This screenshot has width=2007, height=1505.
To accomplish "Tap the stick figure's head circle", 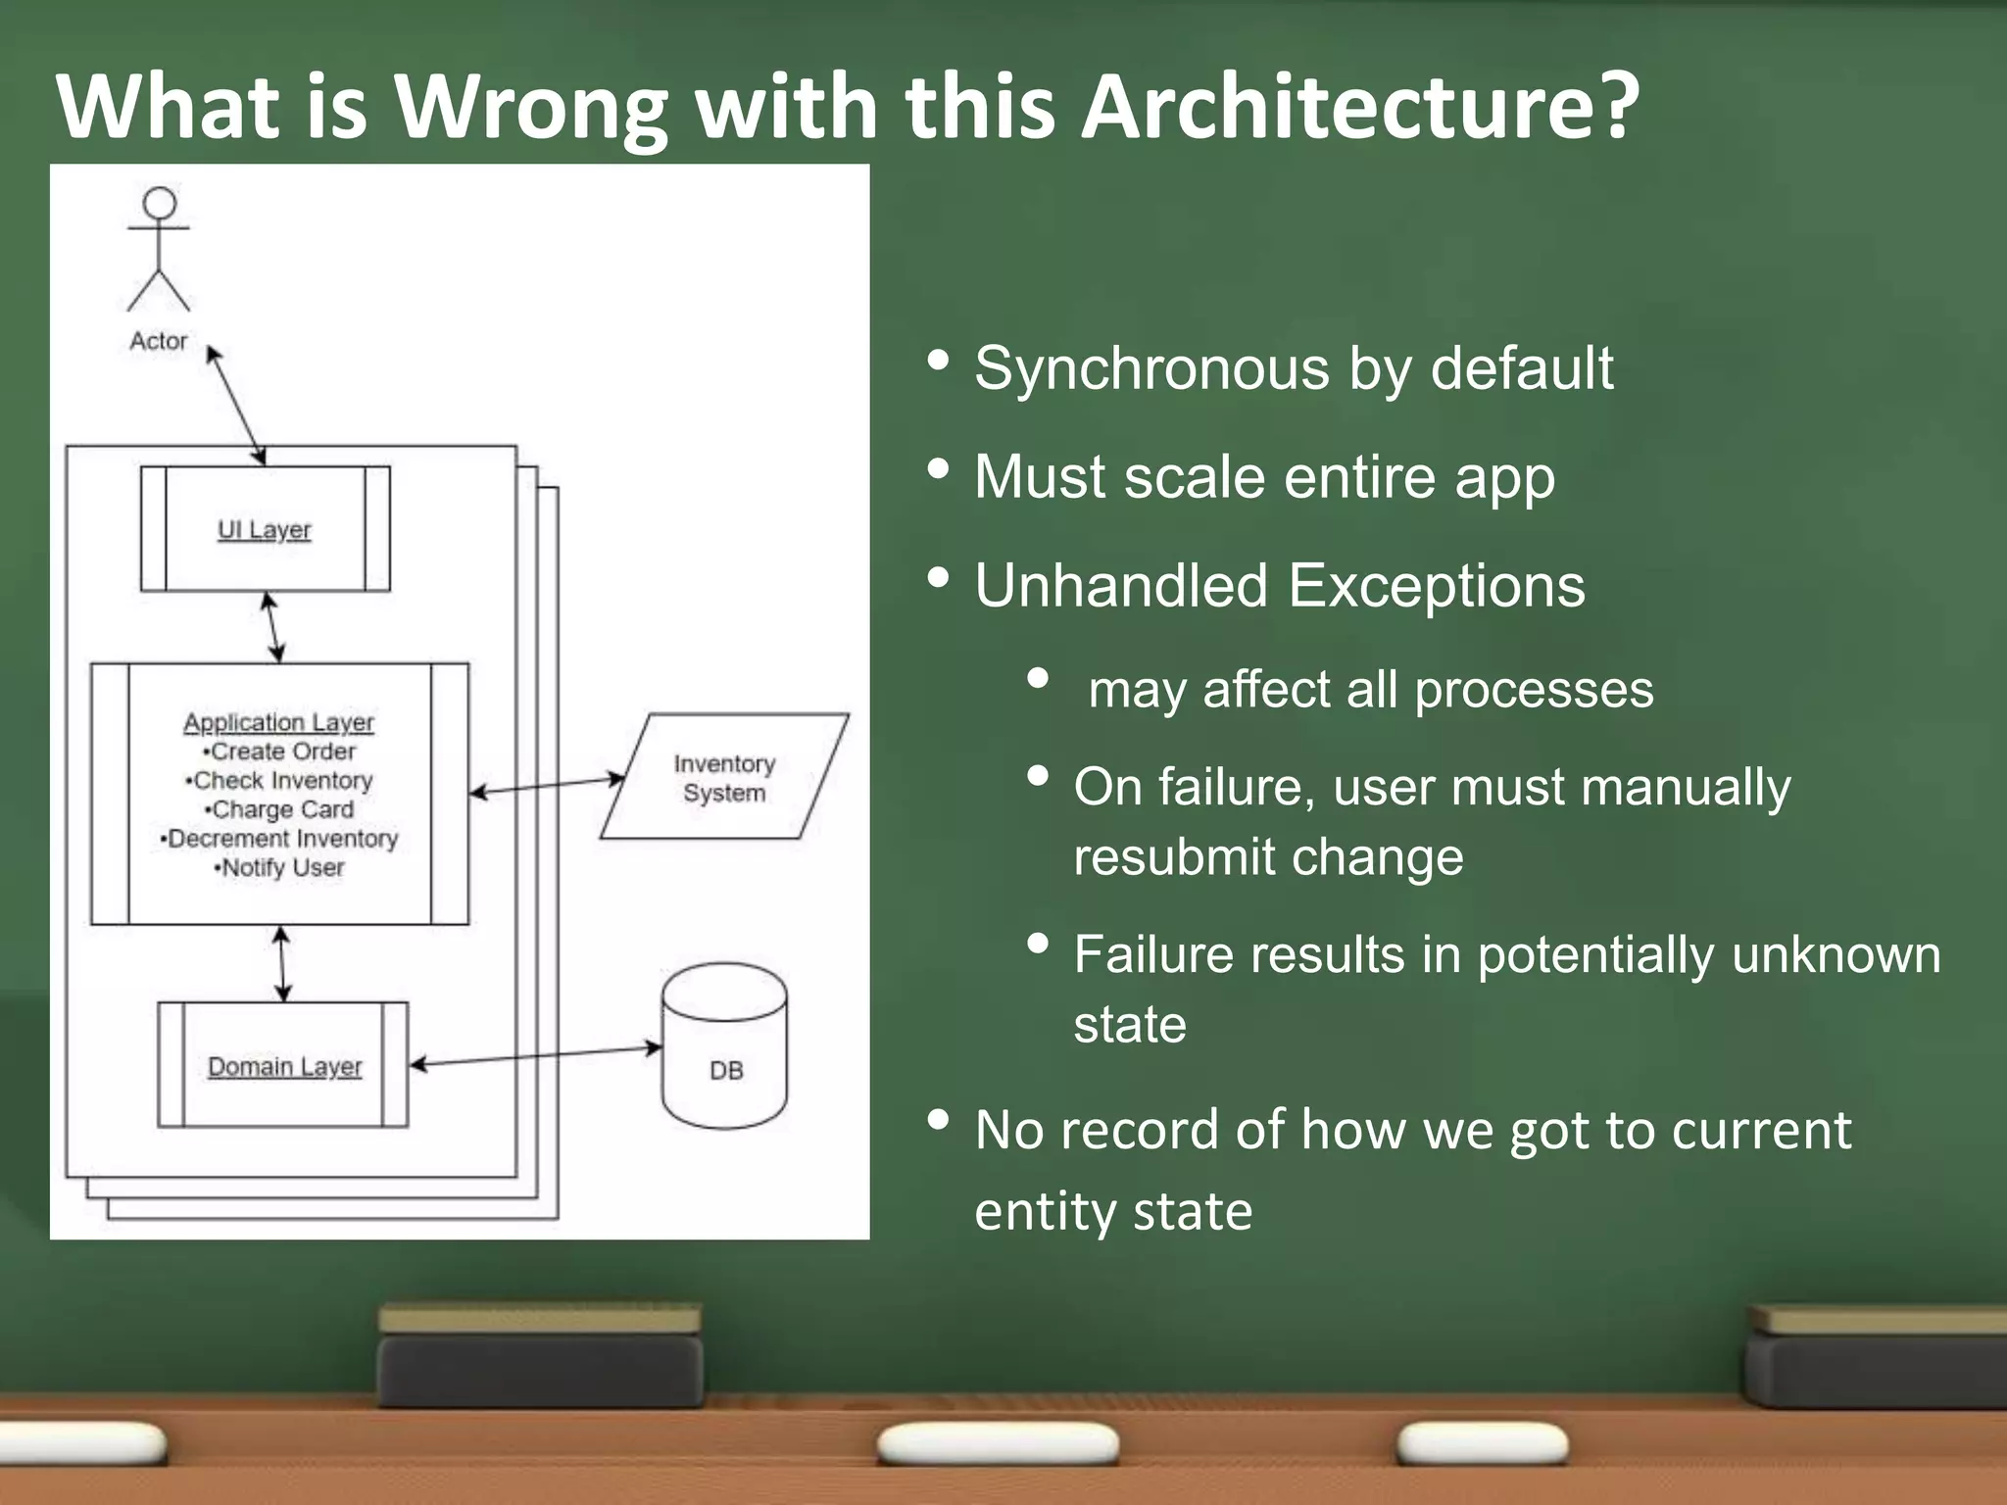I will (160, 203).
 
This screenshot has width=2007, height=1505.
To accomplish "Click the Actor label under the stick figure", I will (158, 341).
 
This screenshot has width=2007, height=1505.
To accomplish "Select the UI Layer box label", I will (264, 530).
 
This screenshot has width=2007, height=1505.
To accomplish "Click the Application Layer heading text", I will (278, 722).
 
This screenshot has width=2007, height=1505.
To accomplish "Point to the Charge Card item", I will (280, 809).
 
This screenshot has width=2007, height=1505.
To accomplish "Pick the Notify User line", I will (280, 868).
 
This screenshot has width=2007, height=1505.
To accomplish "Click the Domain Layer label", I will (284, 1066).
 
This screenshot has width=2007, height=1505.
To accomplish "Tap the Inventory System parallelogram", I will (724, 778).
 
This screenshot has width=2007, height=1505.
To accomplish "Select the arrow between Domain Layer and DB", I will (535, 1056).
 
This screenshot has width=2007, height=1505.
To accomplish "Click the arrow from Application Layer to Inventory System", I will (547, 786).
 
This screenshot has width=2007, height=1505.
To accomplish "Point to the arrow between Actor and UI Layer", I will (235, 405).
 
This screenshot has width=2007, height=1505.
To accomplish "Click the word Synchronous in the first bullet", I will (1152, 369).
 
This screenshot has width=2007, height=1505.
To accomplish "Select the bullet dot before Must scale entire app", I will (938, 469).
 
